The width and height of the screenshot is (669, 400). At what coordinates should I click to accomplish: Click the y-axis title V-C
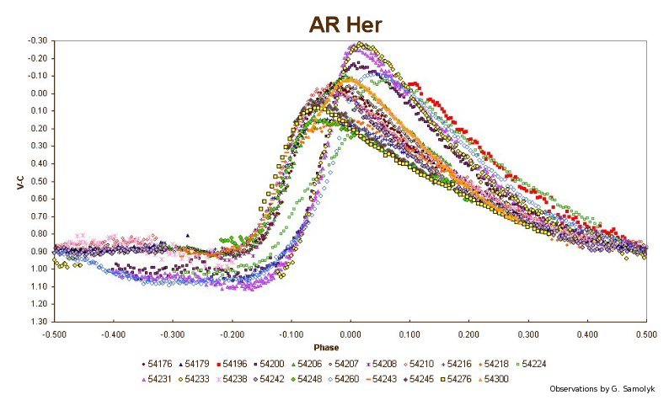(20, 181)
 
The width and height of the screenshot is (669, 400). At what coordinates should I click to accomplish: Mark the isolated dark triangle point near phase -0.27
(188, 236)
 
